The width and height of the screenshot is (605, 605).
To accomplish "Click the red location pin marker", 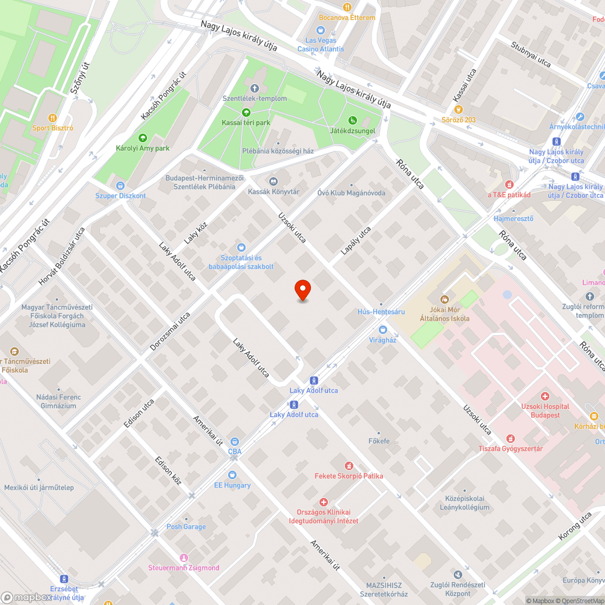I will tap(302, 290).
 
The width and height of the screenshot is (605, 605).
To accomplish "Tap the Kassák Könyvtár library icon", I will tap(273, 181).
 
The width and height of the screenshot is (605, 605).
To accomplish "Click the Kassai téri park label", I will tap(246, 123).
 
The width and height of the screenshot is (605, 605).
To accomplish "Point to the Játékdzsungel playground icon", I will tap(353, 120).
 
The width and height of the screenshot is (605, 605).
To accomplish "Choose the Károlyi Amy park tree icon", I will tap(143, 138).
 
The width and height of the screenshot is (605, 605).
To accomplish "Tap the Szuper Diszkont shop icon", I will tap(120, 186).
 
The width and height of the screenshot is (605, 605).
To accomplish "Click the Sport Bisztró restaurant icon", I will tap(53, 118).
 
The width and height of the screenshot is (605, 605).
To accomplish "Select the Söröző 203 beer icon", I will tap(459, 110).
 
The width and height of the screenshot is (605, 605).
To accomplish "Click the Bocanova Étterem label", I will tap(347, 18).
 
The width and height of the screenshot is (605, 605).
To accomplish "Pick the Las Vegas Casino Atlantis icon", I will tap(321, 30).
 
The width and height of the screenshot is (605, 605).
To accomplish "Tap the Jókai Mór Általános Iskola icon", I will tap(445, 299).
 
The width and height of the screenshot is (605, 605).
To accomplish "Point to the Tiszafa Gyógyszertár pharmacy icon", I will tap(511, 438).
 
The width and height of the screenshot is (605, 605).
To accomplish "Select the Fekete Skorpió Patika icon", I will tap(348, 465).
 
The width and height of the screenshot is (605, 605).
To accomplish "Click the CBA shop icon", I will tap(235, 442).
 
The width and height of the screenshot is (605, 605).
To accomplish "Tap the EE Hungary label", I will tap(232, 485).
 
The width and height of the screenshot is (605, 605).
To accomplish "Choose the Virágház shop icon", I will tap(382, 330).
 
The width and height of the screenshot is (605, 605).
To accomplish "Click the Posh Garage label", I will tap(186, 526).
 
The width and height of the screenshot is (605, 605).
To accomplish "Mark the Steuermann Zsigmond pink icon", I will tap(184, 557).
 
